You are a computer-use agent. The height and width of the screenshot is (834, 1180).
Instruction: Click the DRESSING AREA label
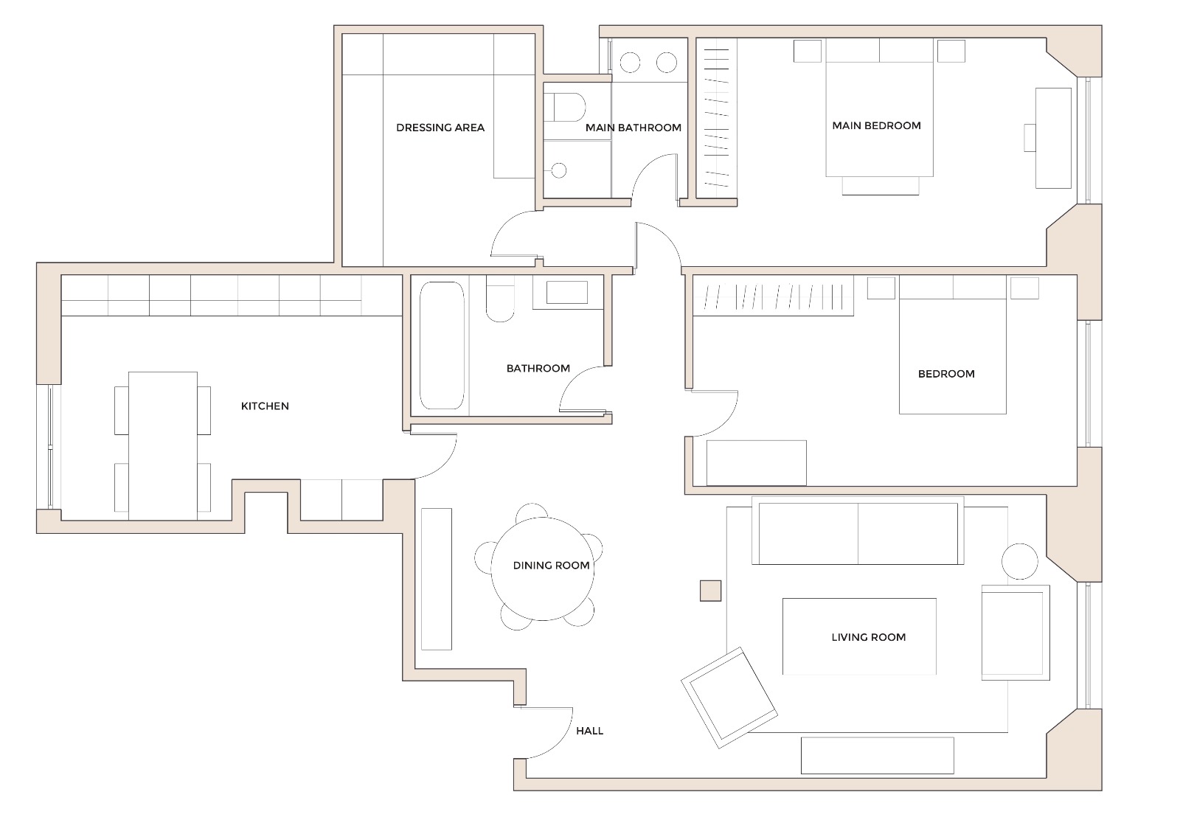tap(440, 128)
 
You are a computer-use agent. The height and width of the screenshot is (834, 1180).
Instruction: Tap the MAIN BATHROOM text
tap(633, 128)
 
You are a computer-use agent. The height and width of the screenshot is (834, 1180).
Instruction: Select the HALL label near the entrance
tap(589, 731)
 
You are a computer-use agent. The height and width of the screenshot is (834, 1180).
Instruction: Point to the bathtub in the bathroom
tap(442, 345)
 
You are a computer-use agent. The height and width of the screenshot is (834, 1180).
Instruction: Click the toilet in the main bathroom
tap(568, 108)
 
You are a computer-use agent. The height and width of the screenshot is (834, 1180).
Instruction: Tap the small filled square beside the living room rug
tap(710, 591)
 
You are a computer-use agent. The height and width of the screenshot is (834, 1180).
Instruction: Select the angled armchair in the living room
tap(729, 698)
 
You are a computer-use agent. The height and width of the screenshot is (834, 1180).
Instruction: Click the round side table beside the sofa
tap(1020, 561)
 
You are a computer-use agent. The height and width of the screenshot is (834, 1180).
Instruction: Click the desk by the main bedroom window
tap(1053, 138)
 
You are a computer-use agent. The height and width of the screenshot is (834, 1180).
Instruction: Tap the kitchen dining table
tap(163, 445)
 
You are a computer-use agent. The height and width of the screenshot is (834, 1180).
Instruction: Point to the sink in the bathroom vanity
tap(566, 293)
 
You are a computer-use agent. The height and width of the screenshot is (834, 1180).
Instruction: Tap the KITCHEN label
tap(265, 406)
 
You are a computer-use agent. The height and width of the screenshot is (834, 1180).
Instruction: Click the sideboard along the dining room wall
tap(436, 579)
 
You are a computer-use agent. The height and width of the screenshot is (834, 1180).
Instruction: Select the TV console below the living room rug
tap(877, 755)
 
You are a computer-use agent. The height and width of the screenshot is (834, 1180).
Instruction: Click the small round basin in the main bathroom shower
tap(559, 170)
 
